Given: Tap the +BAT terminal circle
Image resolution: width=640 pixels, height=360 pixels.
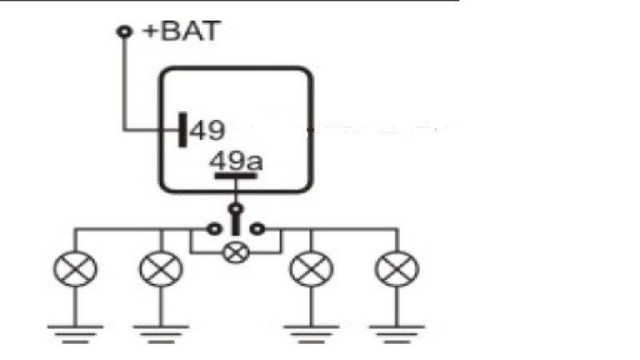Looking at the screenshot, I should [x=124, y=32].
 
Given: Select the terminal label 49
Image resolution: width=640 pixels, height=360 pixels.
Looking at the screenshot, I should [x=207, y=130].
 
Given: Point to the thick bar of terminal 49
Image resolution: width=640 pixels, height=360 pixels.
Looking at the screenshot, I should [x=183, y=130].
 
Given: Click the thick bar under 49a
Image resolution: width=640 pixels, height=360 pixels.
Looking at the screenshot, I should [x=235, y=175].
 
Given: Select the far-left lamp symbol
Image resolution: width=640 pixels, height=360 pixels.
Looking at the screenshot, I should [x=75, y=270].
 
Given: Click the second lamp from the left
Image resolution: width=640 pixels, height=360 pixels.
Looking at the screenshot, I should [x=161, y=270].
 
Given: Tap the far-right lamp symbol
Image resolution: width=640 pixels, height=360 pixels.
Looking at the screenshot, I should [x=397, y=270].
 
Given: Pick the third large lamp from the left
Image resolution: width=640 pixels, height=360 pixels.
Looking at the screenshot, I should [x=311, y=270].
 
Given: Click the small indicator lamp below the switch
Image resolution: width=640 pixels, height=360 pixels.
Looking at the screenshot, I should [x=235, y=254].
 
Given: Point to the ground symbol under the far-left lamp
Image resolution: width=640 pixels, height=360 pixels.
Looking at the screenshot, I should [x=75, y=332].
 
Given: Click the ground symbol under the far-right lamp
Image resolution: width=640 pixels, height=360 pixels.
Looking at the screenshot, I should [x=397, y=332].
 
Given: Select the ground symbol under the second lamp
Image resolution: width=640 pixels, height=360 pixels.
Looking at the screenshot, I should [x=161, y=332].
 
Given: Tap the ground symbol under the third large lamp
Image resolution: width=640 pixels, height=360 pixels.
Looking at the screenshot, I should [x=311, y=332].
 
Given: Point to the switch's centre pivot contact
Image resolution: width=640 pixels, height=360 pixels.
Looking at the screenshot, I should [x=235, y=210].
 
